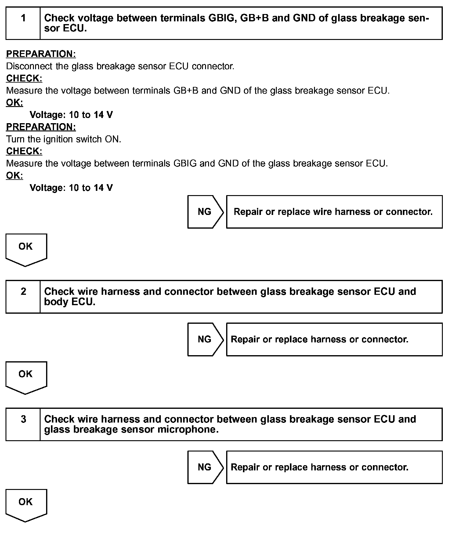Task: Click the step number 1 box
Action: coord(23,23)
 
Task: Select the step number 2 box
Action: coord(23,297)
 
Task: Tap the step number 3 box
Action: coord(23,424)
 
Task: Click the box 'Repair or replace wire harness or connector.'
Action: coord(334,212)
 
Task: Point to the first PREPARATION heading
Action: coord(41,54)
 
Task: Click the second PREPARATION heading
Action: coord(41,127)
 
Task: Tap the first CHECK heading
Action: coord(24,78)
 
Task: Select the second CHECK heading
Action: coord(24,151)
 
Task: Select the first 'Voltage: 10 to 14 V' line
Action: coord(71,115)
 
